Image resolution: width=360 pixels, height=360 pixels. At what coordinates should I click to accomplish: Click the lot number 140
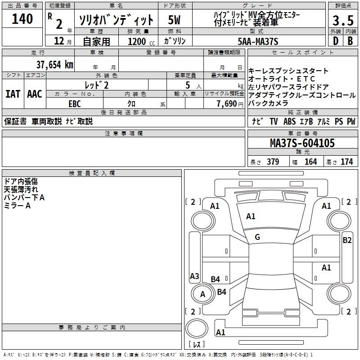coord(22,19)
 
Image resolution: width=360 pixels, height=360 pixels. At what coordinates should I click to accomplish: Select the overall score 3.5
coord(343,20)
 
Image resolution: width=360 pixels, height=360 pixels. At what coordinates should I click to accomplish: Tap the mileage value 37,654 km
coord(54,65)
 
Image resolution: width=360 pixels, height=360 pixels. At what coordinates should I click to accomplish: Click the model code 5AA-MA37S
coord(258,41)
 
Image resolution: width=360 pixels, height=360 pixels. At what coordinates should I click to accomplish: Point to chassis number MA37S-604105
coord(302,143)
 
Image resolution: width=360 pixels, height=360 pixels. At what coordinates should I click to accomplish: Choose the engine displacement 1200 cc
coord(141,41)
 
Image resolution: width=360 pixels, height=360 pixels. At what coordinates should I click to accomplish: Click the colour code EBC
coord(75,104)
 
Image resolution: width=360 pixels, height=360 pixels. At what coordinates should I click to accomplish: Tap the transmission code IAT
coord(13,94)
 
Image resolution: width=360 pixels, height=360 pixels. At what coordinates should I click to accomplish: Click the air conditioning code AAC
coord(35,94)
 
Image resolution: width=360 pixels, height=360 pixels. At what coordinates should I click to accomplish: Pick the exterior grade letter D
coord(335,41)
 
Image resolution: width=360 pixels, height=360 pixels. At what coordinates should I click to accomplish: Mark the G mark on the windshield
coord(257,237)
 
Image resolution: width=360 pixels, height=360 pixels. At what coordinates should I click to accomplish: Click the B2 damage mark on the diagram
coord(347,240)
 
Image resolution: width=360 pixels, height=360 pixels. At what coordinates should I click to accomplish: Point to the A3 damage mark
coord(194,276)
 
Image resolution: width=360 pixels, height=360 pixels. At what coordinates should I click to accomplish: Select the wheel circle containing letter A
coord(202,294)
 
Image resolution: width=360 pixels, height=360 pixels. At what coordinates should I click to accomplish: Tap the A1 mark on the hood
coord(251,216)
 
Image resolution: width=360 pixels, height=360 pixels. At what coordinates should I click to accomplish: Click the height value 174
coord(346,162)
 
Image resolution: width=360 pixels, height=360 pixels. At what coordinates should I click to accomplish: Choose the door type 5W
coord(174,20)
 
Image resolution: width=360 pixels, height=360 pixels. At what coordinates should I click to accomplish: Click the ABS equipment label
coord(289,121)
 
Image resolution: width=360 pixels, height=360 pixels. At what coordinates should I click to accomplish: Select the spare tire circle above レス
coord(197,328)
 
